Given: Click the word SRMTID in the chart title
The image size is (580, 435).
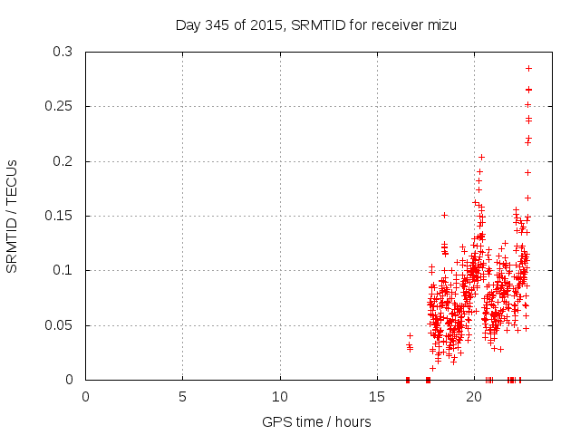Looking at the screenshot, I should [319, 24].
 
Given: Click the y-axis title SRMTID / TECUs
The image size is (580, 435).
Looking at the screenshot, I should [12, 216].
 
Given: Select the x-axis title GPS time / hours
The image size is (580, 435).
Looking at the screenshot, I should [316, 421].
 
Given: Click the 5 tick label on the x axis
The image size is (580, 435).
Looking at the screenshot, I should [183, 396].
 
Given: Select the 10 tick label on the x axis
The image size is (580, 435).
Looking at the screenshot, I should [280, 396].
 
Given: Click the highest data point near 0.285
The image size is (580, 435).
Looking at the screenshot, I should [528, 69].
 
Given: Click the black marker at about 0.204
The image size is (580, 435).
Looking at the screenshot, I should [481, 157].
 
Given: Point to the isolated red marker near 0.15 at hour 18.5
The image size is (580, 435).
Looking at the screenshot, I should [444, 215].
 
